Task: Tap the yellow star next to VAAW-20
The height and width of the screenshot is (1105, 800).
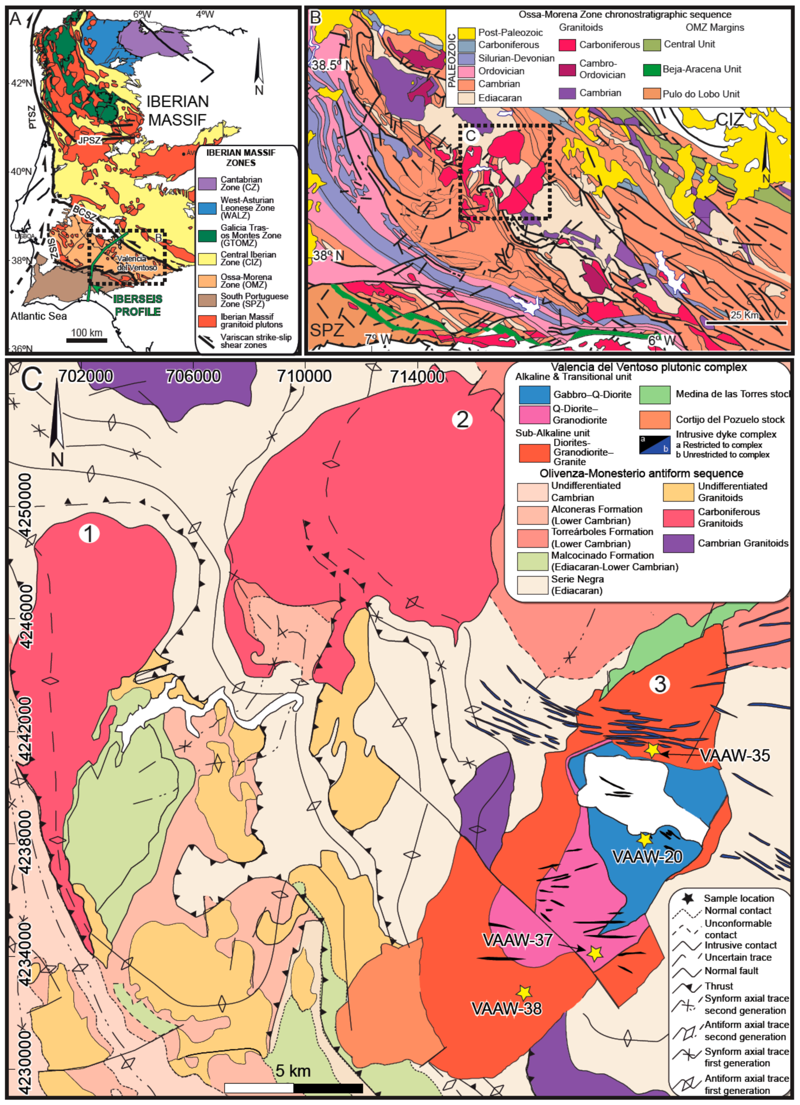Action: [645, 840]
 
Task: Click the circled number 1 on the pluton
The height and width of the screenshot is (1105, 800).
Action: [89, 533]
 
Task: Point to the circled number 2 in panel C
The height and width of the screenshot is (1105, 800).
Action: [462, 419]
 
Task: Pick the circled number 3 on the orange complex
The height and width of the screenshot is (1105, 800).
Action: [660, 684]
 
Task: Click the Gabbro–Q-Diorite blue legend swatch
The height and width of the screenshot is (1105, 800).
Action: [534, 394]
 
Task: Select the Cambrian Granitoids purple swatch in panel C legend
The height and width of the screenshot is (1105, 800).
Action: [678, 543]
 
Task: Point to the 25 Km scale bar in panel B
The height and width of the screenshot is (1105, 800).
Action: [746, 323]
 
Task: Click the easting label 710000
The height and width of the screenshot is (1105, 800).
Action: [304, 376]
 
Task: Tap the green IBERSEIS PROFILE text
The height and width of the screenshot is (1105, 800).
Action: [138, 305]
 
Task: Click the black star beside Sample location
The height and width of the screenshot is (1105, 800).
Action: [687, 898]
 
